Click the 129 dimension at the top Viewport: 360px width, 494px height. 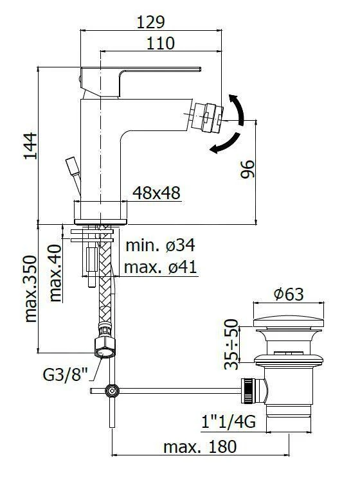click(x=151, y=21)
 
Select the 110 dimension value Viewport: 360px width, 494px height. click(x=161, y=44)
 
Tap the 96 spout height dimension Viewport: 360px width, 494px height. click(x=248, y=170)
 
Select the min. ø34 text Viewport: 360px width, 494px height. click(x=160, y=245)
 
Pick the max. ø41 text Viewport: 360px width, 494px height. click(x=160, y=267)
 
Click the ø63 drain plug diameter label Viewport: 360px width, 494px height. click(x=288, y=294)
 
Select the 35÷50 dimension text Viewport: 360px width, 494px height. click(x=233, y=344)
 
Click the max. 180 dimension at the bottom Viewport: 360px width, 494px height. click(x=199, y=446)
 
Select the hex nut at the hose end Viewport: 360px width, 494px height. click(x=105, y=346)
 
